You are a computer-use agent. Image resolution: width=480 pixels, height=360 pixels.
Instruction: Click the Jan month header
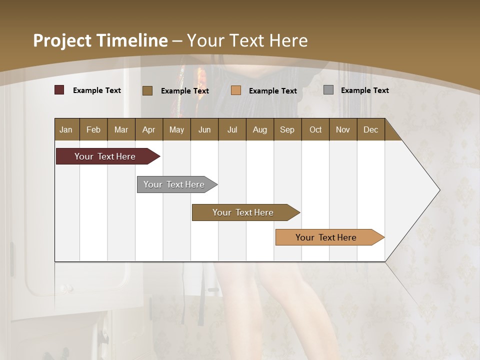point(66,129)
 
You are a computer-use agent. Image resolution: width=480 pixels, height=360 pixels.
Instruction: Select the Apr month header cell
point(148,129)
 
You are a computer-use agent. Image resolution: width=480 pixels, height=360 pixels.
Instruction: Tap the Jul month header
point(232,129)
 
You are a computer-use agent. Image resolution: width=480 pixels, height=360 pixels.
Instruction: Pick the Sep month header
point(287,129)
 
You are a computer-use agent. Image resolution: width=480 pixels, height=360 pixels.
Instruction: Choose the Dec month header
point(370,129)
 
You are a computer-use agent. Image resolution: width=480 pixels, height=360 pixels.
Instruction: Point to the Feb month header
point(93,129)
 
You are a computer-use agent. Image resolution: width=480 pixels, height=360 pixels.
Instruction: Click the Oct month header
point(315,129)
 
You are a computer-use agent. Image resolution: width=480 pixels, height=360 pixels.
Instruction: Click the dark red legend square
point(59,90)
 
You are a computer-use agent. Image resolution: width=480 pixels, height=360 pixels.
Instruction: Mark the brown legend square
point(147,90)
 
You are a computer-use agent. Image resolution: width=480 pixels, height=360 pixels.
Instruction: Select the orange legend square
point(236,90)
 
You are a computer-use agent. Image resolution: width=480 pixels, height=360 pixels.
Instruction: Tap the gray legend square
point(328,90)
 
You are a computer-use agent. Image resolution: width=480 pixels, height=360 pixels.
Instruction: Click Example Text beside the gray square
point(364,90)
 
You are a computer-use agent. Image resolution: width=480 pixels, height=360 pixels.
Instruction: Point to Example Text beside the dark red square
point(97,90)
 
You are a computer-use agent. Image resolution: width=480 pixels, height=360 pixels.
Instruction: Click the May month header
point(176,129)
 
